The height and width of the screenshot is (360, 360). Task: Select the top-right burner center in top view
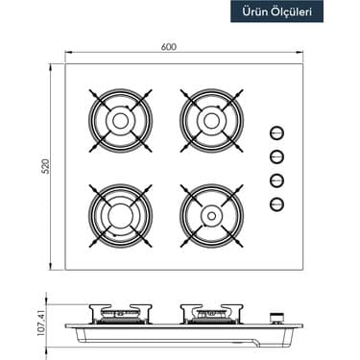(209, 121)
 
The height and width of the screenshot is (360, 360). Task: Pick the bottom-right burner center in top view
(209, 211)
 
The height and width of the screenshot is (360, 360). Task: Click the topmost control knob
(276, 134)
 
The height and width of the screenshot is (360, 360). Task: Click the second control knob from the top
(276, 156)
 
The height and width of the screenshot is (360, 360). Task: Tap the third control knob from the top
(276, 180)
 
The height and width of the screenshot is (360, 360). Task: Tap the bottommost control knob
(276, 202)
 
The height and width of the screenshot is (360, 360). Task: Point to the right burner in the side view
(208, 314)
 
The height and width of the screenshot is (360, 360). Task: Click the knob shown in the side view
(279, 318)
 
